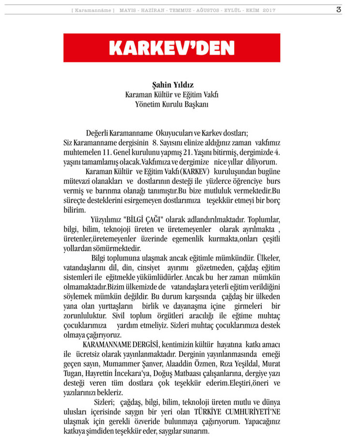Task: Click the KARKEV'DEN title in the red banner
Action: (x=172, y=48)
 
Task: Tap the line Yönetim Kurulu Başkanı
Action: (x=172, y=104)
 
